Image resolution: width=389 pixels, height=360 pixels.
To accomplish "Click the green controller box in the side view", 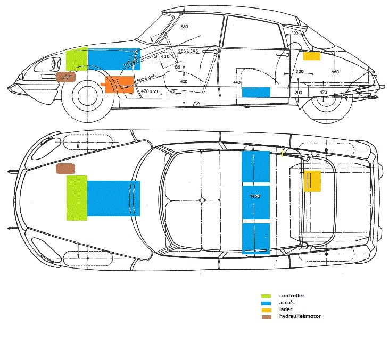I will [x=77, y=58].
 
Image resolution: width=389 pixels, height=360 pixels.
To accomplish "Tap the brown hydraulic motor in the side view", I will [x=66, y=77].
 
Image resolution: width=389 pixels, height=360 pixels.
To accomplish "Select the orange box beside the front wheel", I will [x=119, y=85].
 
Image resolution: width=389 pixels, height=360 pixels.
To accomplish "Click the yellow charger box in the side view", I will [x=311, y=55].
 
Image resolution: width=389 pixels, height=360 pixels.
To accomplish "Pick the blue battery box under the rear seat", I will [x=256, y=91].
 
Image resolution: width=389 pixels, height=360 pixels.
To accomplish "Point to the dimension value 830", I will [x=184, y=27].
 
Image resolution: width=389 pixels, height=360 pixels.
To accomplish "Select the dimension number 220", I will [x=299, y=72].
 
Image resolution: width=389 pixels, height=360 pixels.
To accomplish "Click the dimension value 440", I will [x=237, y=83].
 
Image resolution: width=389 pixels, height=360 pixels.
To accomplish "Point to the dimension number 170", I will [x=324, y=93].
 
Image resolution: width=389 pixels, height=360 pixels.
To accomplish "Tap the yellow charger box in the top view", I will [x=312, y=181].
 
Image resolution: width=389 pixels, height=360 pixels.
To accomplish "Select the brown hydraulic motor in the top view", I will [x=66, y=169].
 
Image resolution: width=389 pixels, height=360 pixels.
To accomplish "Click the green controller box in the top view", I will [x=77, y=197].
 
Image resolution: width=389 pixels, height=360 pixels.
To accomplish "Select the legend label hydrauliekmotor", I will [x=300, y=317].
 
